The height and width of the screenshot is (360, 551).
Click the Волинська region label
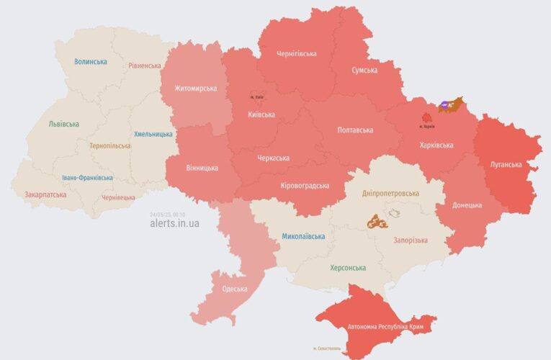pyautogui.click(x=91, y=62)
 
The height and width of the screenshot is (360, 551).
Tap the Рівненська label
pyautogui.click(x=145, y=66)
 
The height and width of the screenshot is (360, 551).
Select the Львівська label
pyautogui.click(x=63, y=124)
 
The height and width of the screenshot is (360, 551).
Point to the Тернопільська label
pyautogui.click(x=110, y=145)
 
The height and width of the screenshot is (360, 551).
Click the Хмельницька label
pyautogui.click(x=153, y=134)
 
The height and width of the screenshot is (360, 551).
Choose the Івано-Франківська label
pyautogui.click(x=86, y=177)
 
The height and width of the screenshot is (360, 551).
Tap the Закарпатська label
pyautogui.click(x=45, y=194)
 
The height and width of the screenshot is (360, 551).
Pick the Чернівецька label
pyautogui.click(x=119, y=197)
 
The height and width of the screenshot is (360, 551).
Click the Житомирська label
pyautogui.click(x=195, y=89)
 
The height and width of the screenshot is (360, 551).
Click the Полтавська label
pyautogui.click(x=355, y=130)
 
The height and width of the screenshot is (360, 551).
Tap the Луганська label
pyautogui.click(x=506, y=164)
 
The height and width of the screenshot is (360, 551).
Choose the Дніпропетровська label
pyautogui.click(x=390, y=194)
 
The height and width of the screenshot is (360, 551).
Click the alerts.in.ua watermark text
pyautogui.click(x=174, y=223)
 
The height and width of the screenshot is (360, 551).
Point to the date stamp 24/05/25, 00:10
pyautogui.click(x=167, y=214)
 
